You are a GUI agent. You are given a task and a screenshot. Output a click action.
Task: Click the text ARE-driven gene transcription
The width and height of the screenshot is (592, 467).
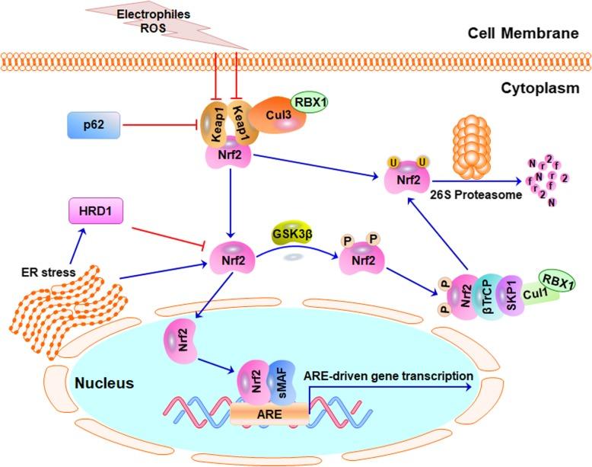click(388, 376)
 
